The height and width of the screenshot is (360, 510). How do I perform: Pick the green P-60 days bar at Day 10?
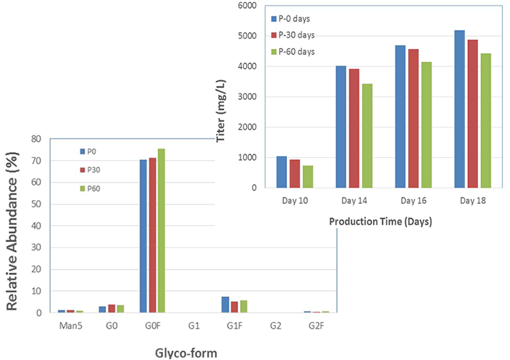[307, 176]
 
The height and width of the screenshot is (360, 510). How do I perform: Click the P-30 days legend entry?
[293, 35]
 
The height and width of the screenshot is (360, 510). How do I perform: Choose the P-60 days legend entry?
[293, 52]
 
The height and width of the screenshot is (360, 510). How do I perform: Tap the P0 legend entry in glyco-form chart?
[93, 151]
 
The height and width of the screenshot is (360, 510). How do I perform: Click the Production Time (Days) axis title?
[381, 222]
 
